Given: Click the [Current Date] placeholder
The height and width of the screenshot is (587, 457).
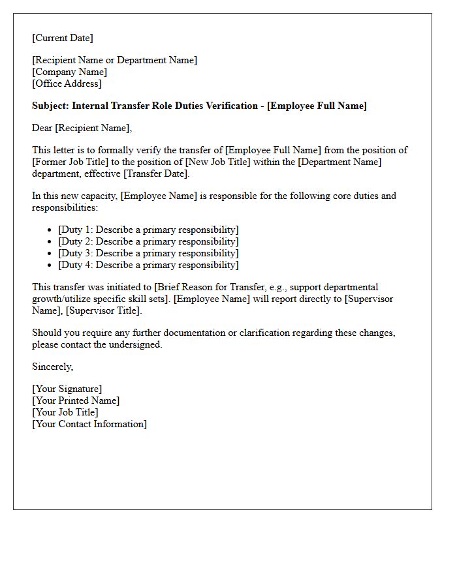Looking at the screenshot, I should click(63, 38).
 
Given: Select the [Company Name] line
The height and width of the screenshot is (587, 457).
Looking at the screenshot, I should click(70, 72).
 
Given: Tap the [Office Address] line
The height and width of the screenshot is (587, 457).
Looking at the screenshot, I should click(67, 83).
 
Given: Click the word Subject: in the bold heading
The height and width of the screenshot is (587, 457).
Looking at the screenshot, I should click(50, 106).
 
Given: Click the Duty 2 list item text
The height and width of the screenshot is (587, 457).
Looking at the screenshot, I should click(148, 241).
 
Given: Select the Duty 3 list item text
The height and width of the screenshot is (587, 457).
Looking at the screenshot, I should click(148, 253).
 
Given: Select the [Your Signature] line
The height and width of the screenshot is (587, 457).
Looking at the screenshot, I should click(67, 389).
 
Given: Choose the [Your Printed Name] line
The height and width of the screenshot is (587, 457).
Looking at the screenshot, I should click(76, 400).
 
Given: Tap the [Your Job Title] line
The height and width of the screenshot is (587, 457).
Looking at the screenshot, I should click(65, 412).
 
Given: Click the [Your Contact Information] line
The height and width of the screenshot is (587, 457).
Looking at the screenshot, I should click(89, 424).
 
